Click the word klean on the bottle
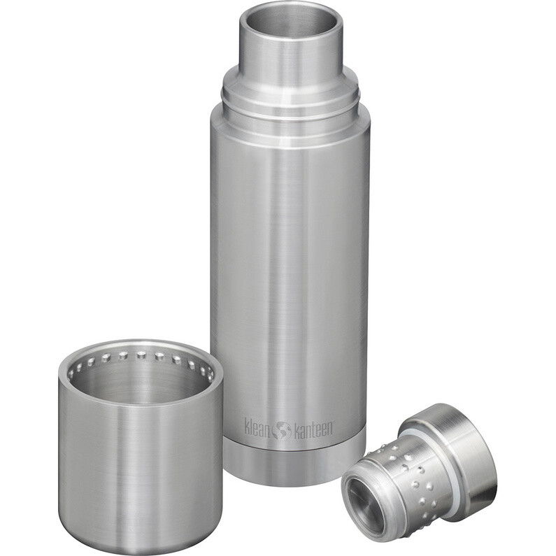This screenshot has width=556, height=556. click(258, 427)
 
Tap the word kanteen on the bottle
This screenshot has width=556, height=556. click(312, 428)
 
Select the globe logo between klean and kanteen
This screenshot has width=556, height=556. click(282, 429)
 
